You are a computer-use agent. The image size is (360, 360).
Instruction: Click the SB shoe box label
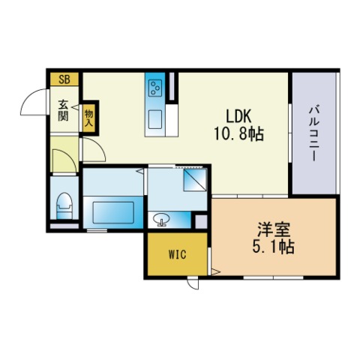point(64,79)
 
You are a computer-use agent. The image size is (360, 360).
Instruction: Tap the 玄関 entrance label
point(63,110)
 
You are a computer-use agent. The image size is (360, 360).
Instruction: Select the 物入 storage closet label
point(88,118)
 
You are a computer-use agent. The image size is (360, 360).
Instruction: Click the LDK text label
point(238,116)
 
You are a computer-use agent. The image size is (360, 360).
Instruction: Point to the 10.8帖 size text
point(239,133)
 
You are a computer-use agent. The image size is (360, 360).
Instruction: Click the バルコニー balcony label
point(314,133)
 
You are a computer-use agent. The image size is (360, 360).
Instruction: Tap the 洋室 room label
point(274,229)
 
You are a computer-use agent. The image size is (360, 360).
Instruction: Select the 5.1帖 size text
point(274,247)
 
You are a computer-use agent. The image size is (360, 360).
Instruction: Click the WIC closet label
point(177,254)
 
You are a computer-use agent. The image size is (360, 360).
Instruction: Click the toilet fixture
point(64,205)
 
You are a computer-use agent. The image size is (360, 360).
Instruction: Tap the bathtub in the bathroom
point(113,213)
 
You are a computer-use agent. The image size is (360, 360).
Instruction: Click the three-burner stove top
point(155,88)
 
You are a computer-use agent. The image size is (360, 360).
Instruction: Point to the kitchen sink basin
point(155,119)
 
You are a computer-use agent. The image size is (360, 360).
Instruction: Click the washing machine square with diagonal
point(195,180)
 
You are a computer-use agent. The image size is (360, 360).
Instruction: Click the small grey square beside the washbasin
point(201,221)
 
